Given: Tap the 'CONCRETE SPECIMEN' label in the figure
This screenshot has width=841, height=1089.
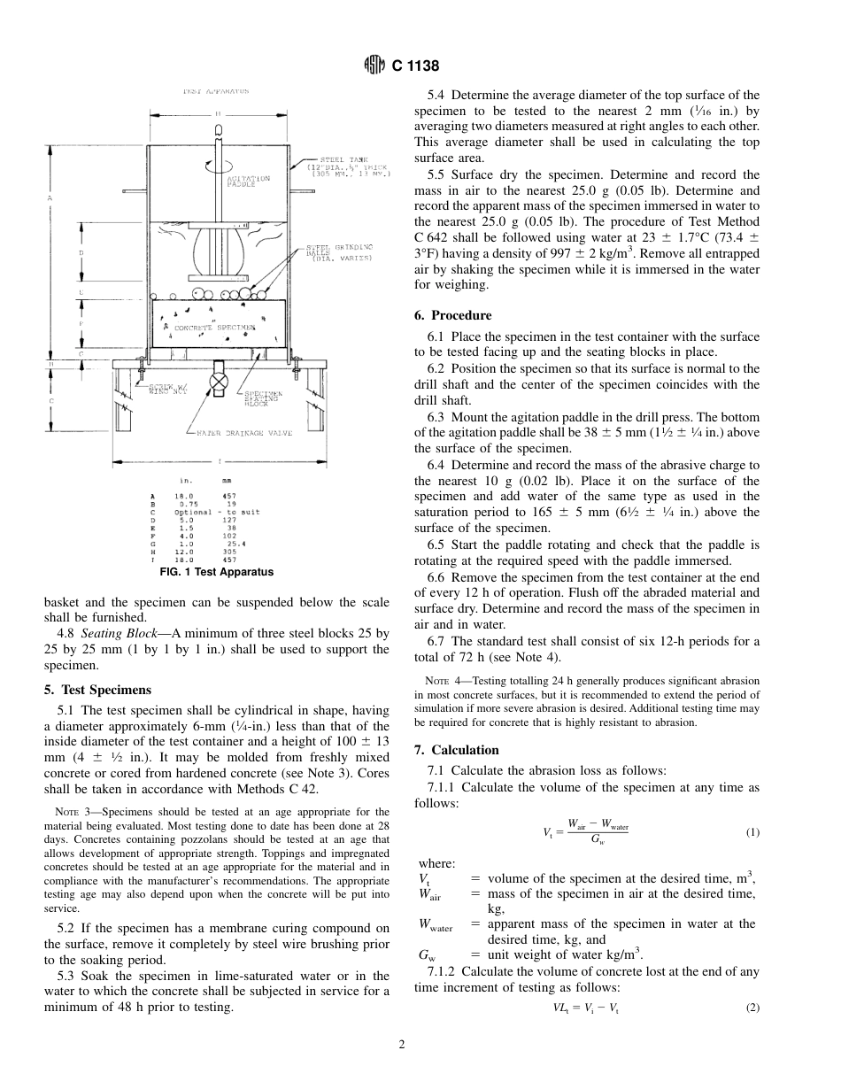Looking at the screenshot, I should (213, 327).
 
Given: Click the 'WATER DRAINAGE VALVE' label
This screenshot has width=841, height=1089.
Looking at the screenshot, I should (243, 433).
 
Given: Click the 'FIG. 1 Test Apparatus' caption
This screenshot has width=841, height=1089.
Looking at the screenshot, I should (216, 572).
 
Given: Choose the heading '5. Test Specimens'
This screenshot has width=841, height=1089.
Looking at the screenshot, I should (97, 690).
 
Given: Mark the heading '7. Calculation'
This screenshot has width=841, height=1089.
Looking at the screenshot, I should (457, 750).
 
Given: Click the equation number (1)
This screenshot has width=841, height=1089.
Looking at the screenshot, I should (752, 832).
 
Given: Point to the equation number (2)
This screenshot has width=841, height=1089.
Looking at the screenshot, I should (752, 1008).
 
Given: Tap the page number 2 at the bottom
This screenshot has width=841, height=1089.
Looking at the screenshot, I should (401, 1045).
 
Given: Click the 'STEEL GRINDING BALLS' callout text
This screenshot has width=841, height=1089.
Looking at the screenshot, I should (338, 251).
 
